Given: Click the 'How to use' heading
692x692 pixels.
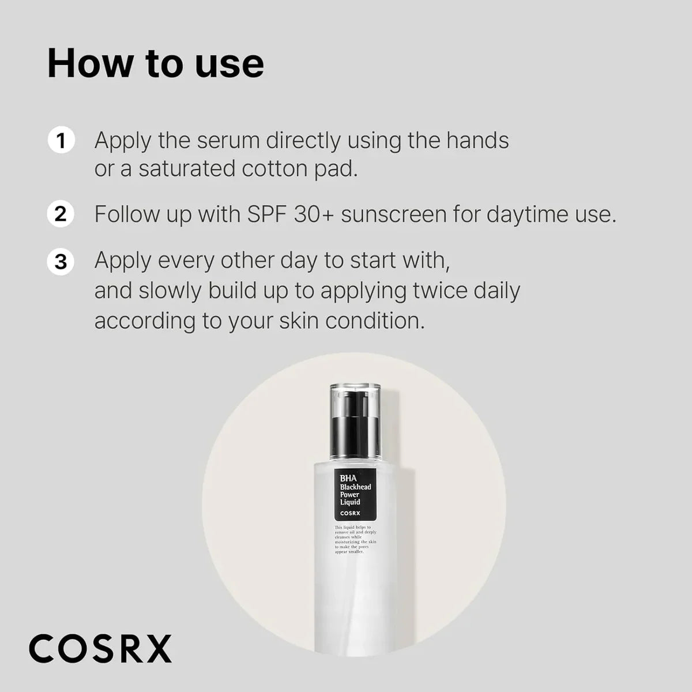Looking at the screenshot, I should (156, 63).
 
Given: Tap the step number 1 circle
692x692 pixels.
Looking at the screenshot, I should (61, 141).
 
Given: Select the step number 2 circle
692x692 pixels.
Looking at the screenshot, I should (61, 215).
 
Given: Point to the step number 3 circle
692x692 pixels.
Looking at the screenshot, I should (61, 261).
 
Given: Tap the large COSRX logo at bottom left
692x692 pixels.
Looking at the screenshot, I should (100, 648).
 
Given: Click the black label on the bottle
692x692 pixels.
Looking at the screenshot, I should (355, 494).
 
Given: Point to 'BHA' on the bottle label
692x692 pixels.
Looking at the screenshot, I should (348, 478).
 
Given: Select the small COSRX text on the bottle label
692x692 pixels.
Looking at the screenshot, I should (350, 513).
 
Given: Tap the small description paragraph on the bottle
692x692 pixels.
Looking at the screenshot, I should (355, 540).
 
